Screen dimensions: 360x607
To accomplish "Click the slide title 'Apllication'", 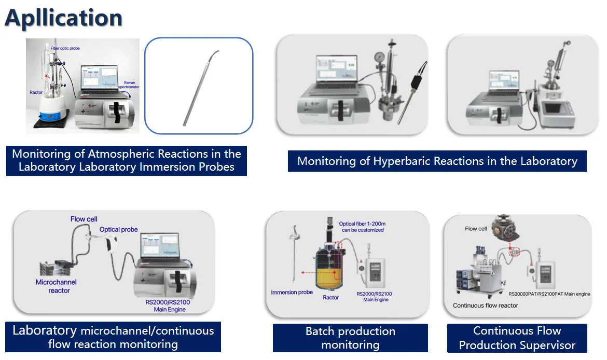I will (63, 18).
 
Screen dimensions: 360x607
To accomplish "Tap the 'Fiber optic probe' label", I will (65, 48).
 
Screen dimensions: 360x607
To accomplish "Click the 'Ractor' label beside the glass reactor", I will (36, 92).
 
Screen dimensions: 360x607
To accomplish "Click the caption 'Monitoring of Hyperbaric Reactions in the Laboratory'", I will (437, 161).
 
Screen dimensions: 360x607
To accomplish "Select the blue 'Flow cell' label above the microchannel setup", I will (84, 219).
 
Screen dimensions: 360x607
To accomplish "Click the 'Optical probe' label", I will (118, 229).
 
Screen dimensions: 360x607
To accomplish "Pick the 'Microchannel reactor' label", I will (56, 286).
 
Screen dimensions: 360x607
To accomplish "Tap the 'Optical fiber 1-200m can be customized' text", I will (362, 227).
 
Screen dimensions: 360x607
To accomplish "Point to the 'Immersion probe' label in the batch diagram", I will (292, 293).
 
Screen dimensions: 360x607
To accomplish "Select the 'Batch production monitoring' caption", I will (350, 338).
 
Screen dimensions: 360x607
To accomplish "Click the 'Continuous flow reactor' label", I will (485, 306).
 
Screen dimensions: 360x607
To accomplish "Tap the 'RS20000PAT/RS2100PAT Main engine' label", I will (549, 294).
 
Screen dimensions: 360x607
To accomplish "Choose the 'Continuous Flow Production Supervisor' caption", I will (517, 338).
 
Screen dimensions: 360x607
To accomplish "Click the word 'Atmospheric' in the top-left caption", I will (118, 154).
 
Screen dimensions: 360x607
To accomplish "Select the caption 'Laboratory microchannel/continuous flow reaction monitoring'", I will (113, 337).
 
